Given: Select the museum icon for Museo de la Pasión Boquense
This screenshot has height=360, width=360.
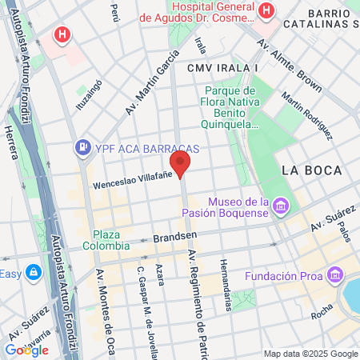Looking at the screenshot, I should tap(280, 207).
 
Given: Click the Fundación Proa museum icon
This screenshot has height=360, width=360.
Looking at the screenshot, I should tap(335, 276).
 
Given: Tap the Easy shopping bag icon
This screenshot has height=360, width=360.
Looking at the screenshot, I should tap(34, 273).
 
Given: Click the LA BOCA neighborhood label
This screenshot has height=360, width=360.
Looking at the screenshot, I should tap(312, 170).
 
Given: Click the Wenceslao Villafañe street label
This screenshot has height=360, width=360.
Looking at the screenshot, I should tap(122, 182).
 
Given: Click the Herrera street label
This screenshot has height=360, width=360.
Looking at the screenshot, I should tap(11, 142).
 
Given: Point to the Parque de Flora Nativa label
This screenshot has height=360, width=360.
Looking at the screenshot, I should tap(231, 107).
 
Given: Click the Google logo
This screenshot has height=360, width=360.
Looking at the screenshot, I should tap(26, 350).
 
